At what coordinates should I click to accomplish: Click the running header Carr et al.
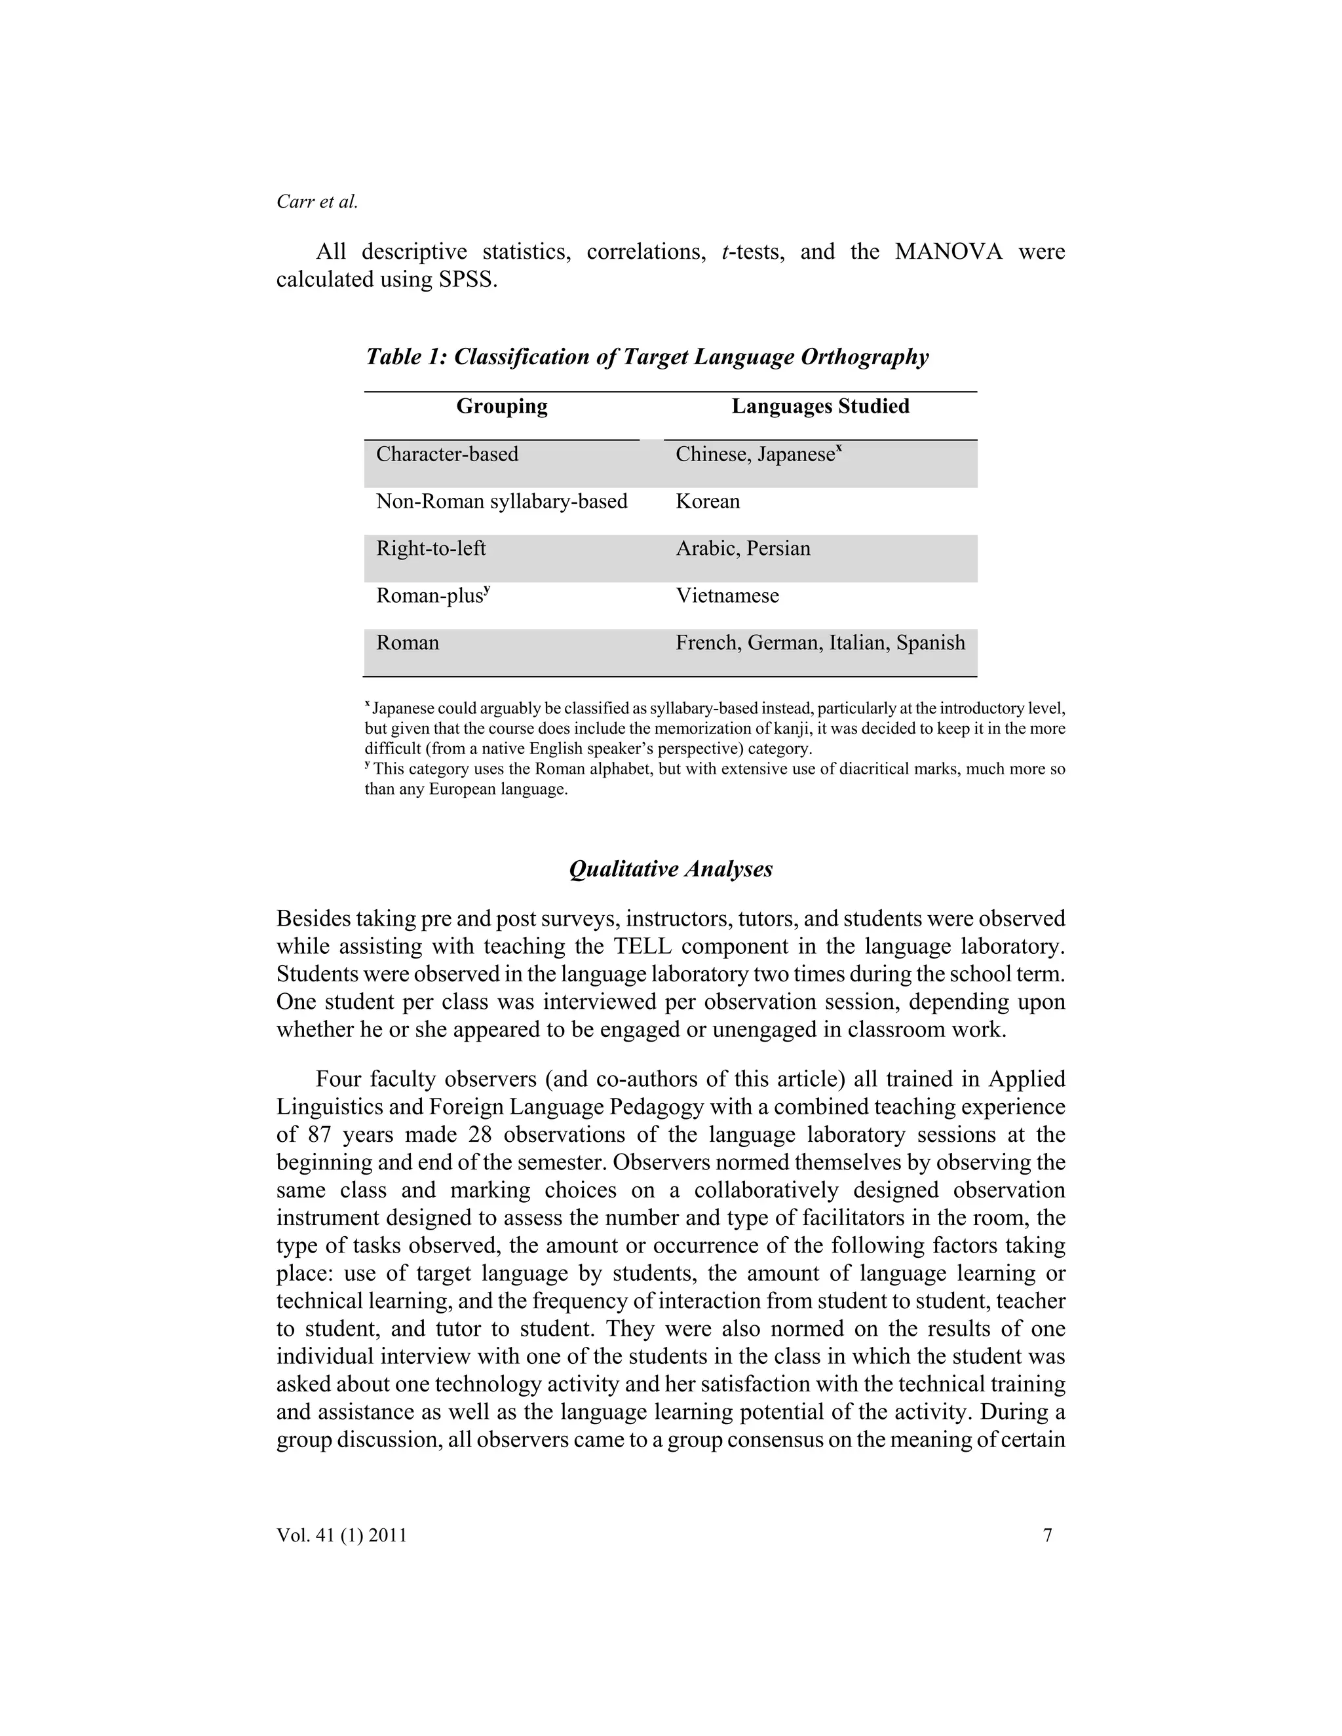[317, 202]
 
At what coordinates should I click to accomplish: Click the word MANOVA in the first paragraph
[948, 252]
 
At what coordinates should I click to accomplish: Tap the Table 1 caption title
[646, 356]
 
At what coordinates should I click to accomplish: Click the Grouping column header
[502, 406]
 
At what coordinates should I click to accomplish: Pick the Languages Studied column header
[820, 406]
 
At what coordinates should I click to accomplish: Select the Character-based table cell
[447, 454]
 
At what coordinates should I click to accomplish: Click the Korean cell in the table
[708, 502]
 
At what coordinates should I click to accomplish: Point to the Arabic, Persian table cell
[742, 548]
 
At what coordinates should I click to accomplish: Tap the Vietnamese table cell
[727, 595]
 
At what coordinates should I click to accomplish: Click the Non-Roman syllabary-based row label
[502, 502]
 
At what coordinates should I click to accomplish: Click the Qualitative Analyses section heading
[670, 869]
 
